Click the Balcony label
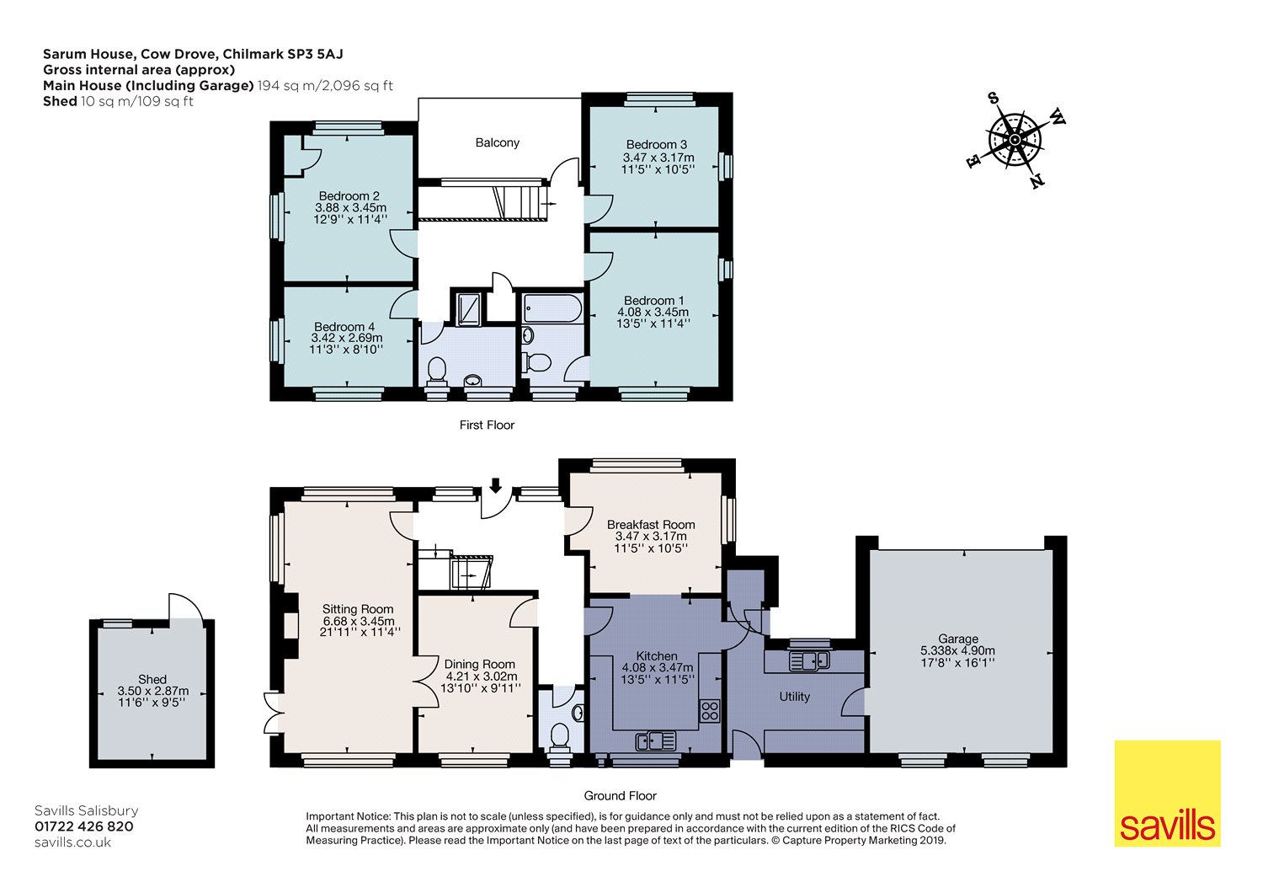pos(497,143)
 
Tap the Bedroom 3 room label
pos(656,145)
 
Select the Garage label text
pos(957,639)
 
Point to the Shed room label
pos(152,679)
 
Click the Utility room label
pos(794,697)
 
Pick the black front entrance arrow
pos(495,485)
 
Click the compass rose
pos(1015,140)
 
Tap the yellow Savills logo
pos(1167,793)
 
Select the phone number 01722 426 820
pos(83,826)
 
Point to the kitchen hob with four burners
pos(710,711)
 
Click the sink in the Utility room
pos(808,660)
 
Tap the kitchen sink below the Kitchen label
pos(656,741)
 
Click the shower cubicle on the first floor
pos(468,307)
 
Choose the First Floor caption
pos(487,425)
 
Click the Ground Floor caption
pos(620,796)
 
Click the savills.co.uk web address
pos(72,842)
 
